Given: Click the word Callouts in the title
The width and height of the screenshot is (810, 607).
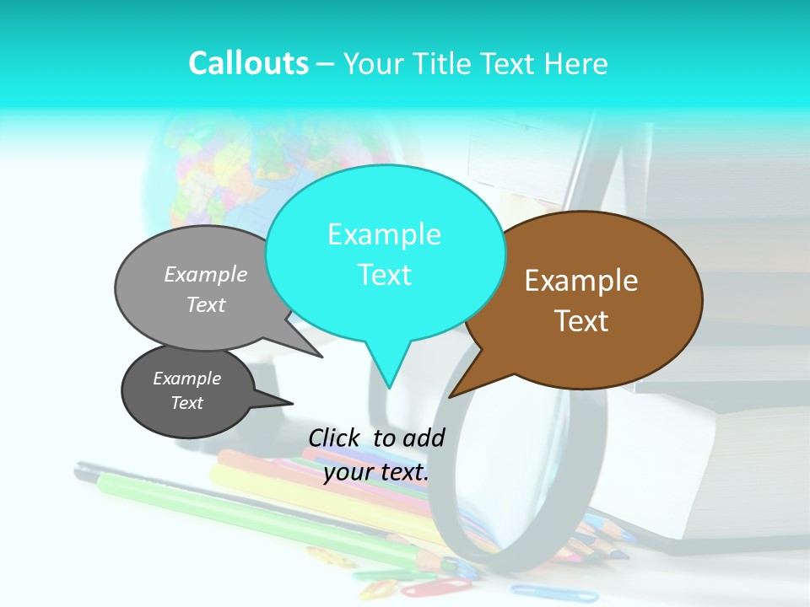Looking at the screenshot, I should [x=248, y=63].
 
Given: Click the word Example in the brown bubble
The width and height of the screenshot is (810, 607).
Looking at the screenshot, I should [x=581, y=281].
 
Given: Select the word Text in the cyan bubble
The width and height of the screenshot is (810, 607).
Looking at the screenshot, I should [x=385, y=275].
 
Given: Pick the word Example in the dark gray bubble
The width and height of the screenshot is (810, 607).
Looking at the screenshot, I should [x=187, y=379].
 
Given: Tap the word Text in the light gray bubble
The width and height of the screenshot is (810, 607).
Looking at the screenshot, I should [x=206, y=304].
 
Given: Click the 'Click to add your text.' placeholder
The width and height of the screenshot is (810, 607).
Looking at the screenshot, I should [x=376, y=454].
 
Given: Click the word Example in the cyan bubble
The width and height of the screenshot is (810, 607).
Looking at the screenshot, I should [x=385, y=234].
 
